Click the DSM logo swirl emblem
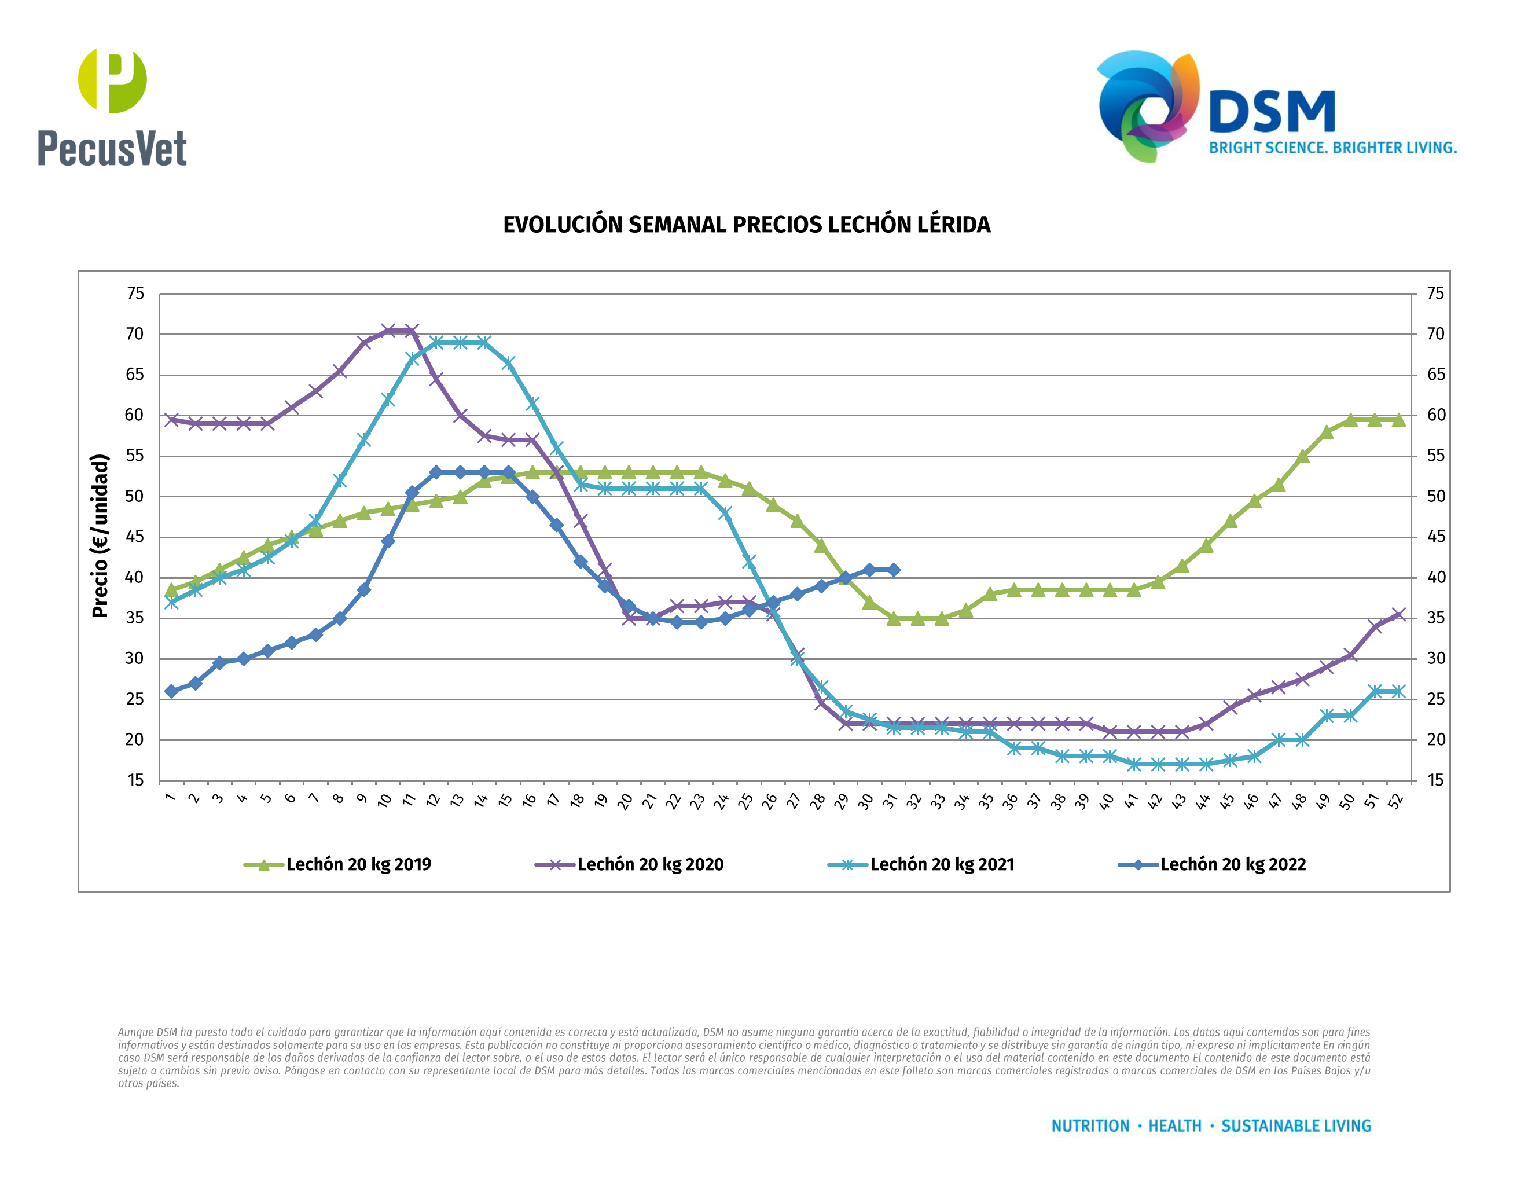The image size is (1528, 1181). coord(1147,105)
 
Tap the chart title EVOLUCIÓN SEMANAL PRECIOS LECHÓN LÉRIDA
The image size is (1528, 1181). coord(747,225)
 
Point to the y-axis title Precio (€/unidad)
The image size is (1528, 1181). coord(100,536)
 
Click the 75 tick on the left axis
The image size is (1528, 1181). coord(135,294)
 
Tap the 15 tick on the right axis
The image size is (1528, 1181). coord(1435,780)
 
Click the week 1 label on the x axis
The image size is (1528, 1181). coord(170,798)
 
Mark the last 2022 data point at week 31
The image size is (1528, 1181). coord(894,570)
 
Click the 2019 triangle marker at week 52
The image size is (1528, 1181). coord(1398,420)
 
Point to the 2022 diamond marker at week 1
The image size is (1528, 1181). coord(171,691)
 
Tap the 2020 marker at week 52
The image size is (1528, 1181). coord(1398,615)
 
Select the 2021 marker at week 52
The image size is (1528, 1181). coord(1398,691)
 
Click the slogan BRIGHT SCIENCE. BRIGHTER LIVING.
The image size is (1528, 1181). coord(1333,148)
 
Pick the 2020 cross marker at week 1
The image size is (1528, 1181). coord(171,420)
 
